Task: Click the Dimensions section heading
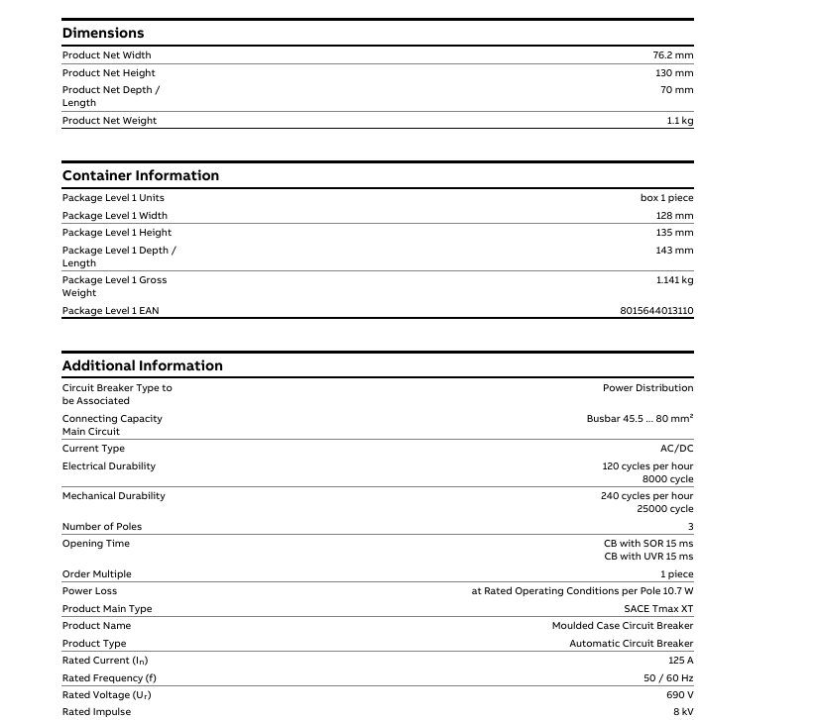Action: (x=103, y=34)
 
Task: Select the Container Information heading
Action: (x=140, y=176)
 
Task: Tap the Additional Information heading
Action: (x=142, y=366)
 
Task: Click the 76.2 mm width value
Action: (x=672, y=55)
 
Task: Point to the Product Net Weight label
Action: (x=109, y=121)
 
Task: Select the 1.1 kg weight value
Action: (x=680, y=121)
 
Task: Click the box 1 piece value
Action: (x=666, y=198)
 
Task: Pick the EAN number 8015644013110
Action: (x=656, y=311)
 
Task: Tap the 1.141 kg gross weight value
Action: (x=674, y=280)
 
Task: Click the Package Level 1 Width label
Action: (x=114, y=216)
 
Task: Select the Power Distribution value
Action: (x=647, y=388)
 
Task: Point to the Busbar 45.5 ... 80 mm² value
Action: (x=640, y=419)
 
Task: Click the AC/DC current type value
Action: (x=676, y=449)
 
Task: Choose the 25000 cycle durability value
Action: (x=664, y=509)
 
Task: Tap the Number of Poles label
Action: (x=101, y=527)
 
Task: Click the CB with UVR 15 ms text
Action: (x=648, y=557)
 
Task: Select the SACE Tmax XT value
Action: (x=658, y=609)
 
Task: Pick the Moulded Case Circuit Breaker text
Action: (x=623, y=626)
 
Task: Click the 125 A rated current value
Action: (x=680, y=661)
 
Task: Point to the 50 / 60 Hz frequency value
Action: (x=668, y=678)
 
